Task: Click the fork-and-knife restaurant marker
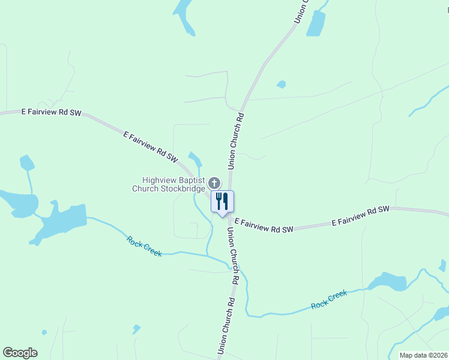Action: [x=222, y=201]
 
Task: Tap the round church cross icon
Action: [x=214, y=182]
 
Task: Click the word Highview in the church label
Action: [x=158, y=180]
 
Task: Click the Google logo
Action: [x=20, y=353]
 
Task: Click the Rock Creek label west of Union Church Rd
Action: [x=144, y=246]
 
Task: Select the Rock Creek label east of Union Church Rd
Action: [x=329, y=299]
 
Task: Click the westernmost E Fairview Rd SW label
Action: [x=51, y=112]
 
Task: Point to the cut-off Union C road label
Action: [x=301, y=12]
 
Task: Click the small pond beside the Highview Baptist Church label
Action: [x=194, y=158]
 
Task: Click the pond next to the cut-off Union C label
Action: [x=316, y=24]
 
